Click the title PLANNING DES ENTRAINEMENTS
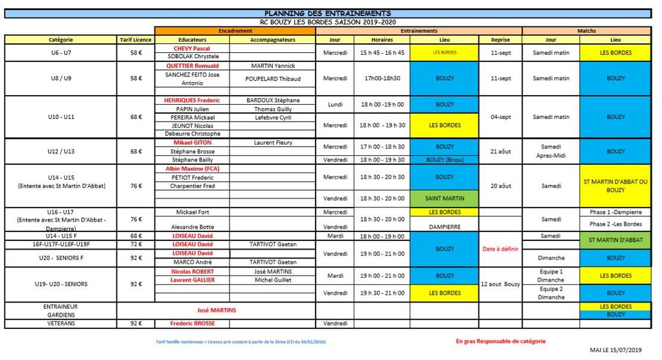(328, 14)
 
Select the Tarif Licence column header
(135, 39)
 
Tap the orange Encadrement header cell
(235, 30)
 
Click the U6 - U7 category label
(60, 52)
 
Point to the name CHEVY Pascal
(192, 48)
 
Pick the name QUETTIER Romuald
(192, 66)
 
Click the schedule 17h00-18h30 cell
(381, 78)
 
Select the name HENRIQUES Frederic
(192, 100)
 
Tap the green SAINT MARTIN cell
(444, 198)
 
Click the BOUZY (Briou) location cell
(444, 160)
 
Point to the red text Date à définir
(500, 249)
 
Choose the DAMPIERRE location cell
(444, 227)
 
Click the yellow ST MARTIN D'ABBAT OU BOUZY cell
(615, 185)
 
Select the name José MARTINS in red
(216, 310)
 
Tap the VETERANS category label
(60, 323)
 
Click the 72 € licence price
(135, 245)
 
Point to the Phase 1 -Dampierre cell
(615, 212)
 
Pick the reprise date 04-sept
(500, 117)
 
